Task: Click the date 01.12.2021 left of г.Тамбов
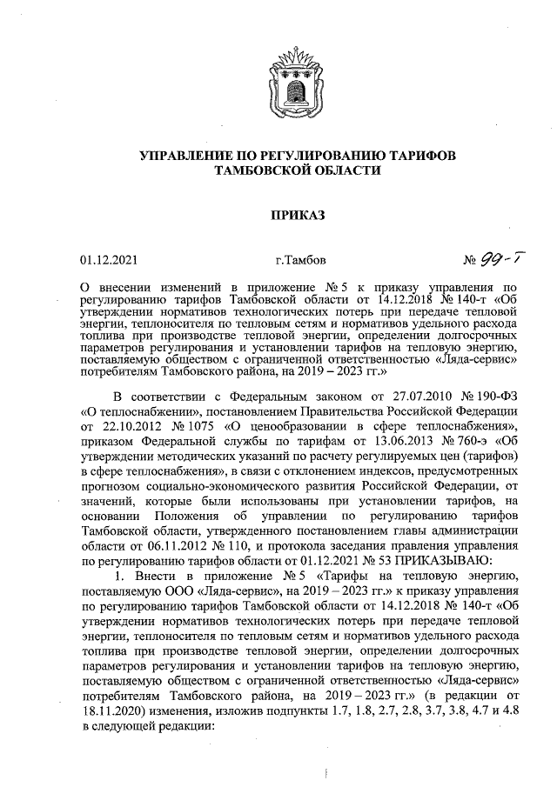click(x=108, y=259)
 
